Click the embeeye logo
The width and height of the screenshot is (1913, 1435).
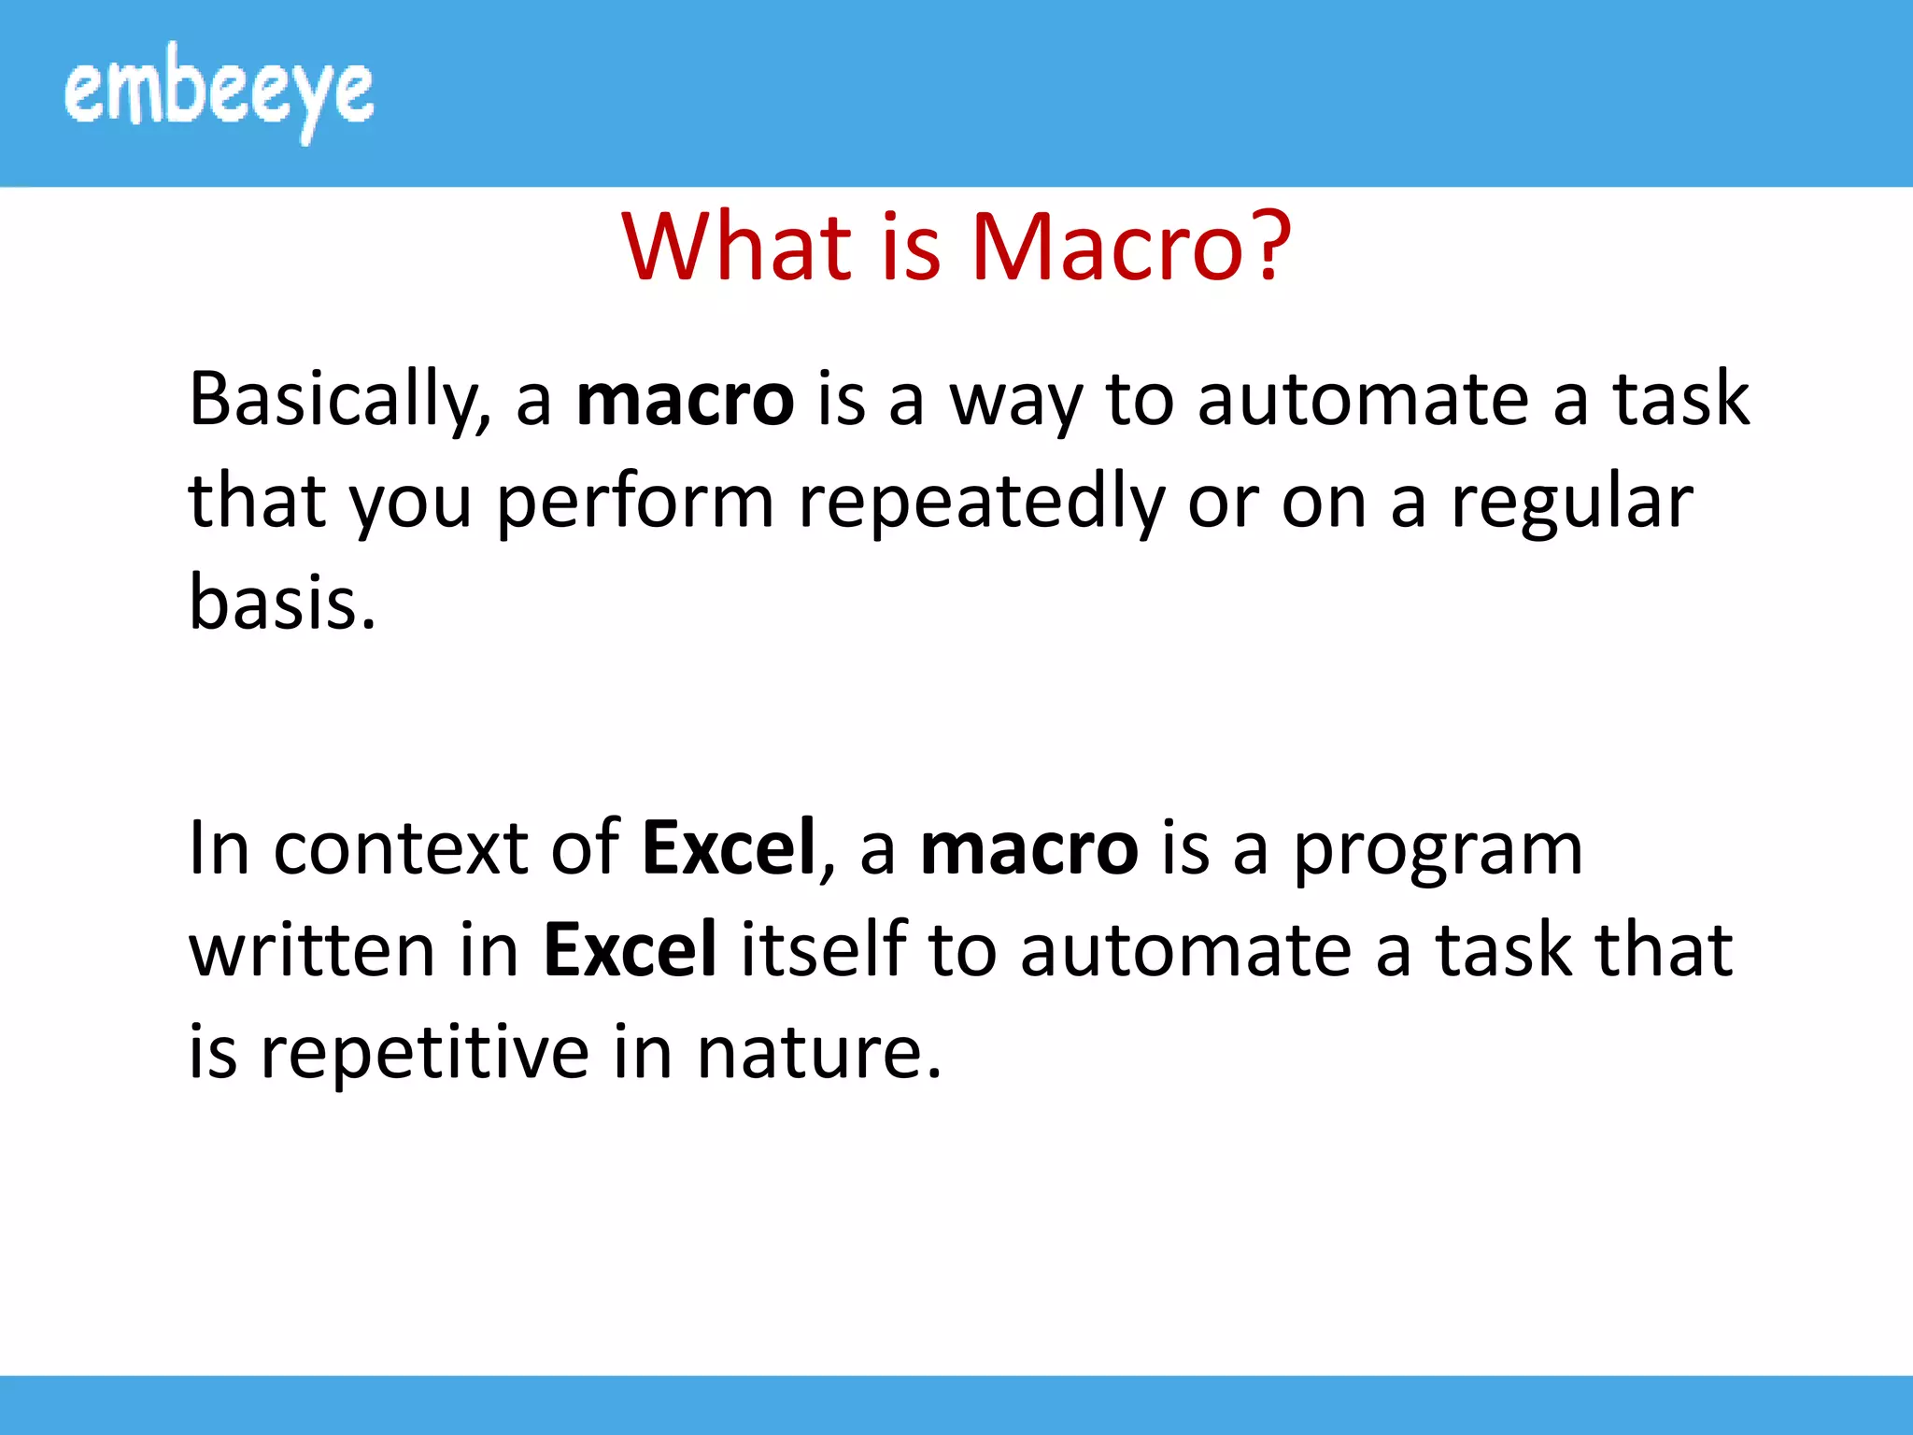(x=219, y=92)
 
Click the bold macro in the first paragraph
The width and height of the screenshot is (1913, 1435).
(x=685, y=400)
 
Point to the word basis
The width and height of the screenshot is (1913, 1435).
(x=281, y=603)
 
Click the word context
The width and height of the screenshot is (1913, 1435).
(x=400, y=848)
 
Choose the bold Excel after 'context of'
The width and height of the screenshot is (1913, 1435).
(x=730, y=848)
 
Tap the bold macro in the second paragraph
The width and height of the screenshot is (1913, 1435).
(x=1028, y=848)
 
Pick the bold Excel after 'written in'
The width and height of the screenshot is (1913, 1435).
(x=631, y=950)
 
